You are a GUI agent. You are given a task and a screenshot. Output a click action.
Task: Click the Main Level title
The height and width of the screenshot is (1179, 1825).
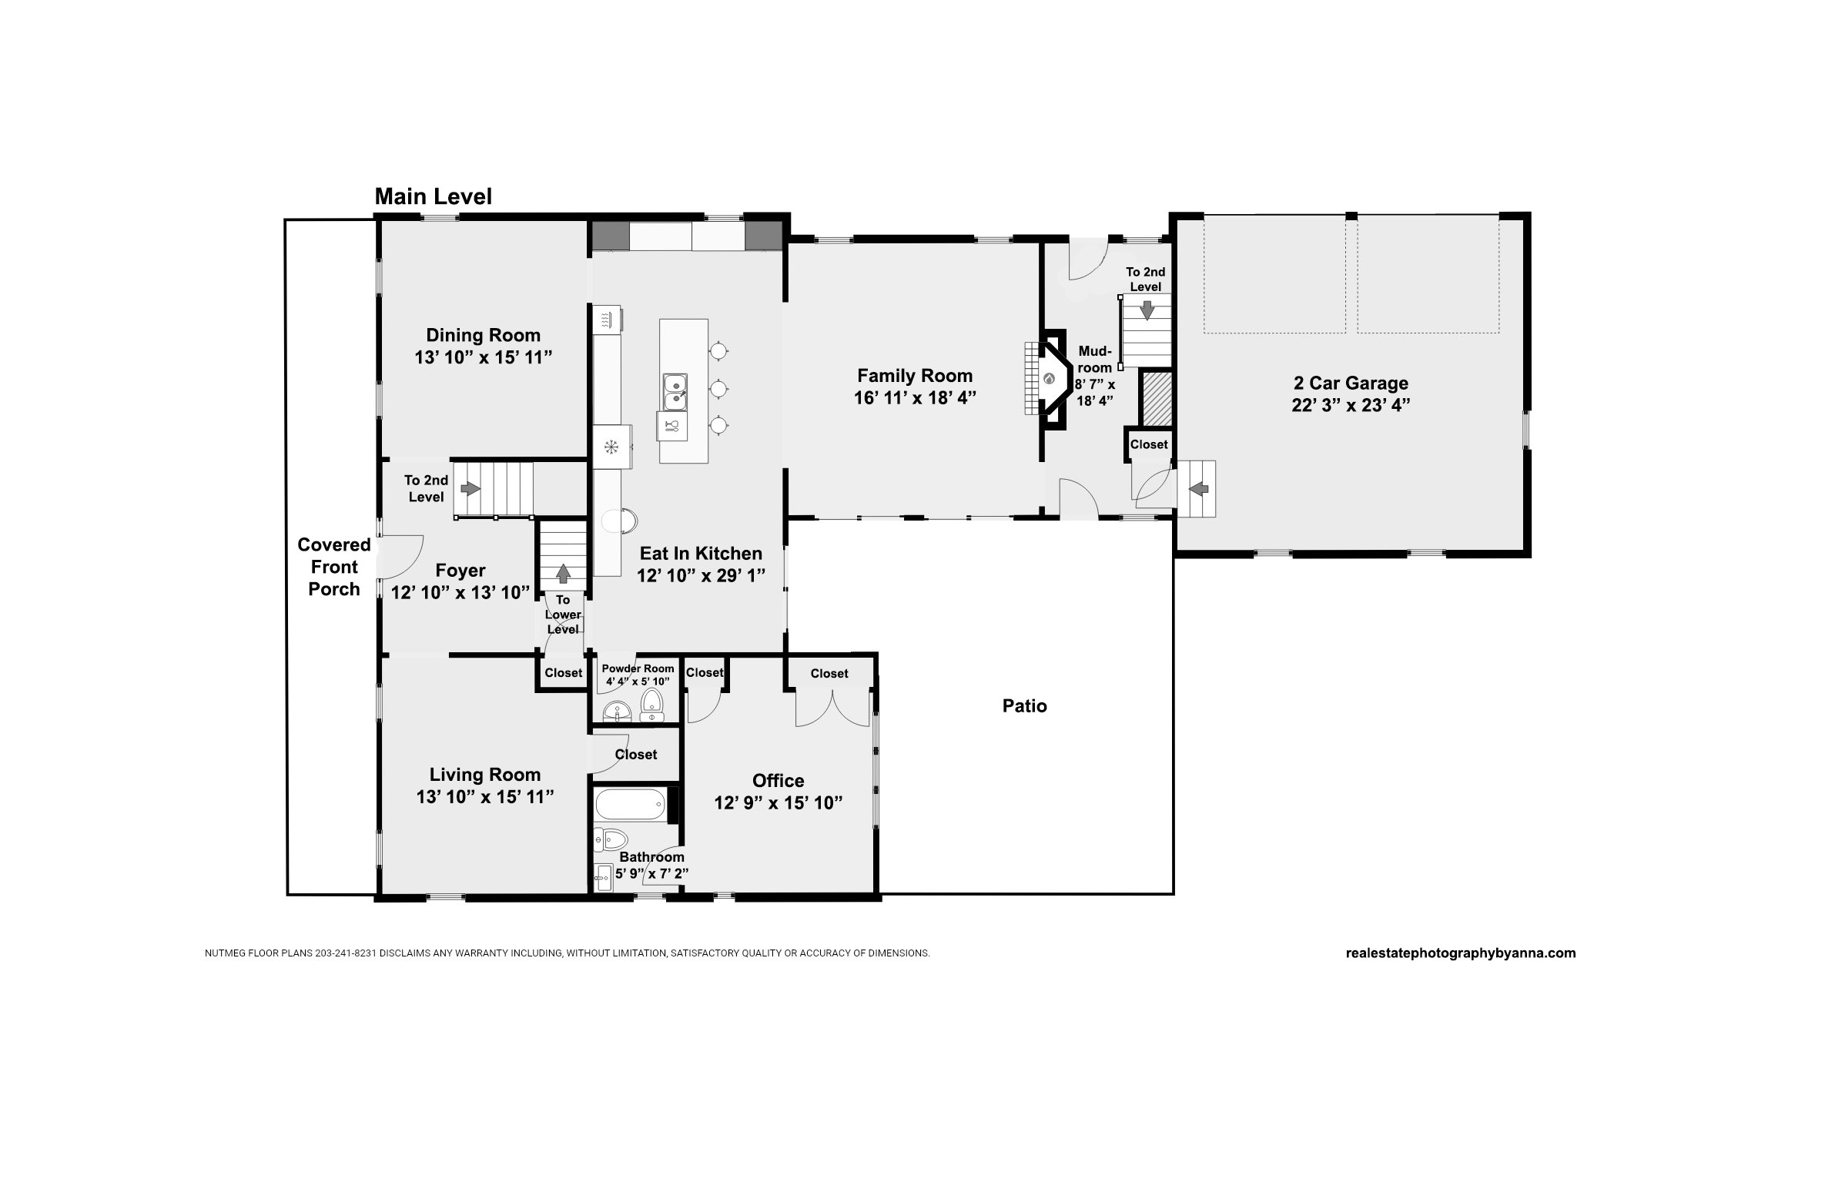(x=434, y=196)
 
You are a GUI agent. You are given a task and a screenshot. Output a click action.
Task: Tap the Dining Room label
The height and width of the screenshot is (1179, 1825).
(x=484, y=335)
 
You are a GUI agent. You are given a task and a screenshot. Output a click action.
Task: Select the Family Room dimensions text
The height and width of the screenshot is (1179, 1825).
(x=915, y=398)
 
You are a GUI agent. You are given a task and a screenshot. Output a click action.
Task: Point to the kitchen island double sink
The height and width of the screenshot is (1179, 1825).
(x=675, y=392)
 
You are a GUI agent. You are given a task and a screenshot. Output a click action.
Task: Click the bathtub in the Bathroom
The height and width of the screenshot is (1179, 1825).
(x=630, y=805)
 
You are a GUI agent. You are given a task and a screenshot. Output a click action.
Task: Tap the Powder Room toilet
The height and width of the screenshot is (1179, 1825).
(x=652, y=705)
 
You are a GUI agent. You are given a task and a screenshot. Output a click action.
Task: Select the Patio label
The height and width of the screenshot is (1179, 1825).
(x=1024, y=706)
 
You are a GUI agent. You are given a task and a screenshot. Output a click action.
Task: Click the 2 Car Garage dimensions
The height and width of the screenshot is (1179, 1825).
(x=1351, y=405)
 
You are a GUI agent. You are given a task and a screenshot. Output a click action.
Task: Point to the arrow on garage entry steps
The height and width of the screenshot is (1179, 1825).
(x=1199, y=488)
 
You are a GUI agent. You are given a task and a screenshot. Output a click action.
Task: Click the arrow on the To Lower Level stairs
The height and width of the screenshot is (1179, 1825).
(x=563, y=574)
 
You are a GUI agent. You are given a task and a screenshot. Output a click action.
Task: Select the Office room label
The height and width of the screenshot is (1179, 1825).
(x=779, y=781)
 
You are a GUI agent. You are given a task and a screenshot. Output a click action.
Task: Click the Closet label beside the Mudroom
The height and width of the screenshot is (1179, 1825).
(x=1149, y=444)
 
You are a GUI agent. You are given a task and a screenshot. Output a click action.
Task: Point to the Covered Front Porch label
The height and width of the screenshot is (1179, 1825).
(x=334, y=567)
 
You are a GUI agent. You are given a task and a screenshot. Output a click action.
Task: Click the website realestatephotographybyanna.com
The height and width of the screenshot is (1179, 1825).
(x=1461, y=953)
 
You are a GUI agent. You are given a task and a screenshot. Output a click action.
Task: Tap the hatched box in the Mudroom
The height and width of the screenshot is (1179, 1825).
(x=1157, y=398)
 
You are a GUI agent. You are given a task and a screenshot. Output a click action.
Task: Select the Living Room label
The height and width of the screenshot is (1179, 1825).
(x=485, y=775)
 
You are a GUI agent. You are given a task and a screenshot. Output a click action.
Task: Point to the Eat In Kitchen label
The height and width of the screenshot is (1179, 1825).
(x=701, y=553)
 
